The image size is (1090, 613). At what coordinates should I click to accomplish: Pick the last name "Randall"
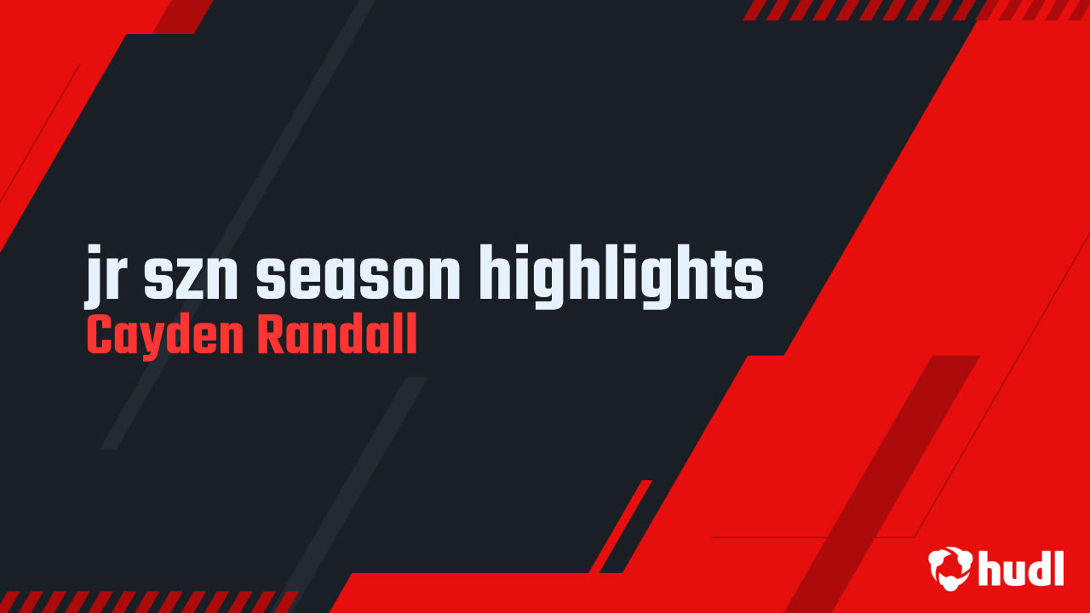coord(337,337)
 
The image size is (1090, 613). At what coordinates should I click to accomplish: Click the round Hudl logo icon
coord(949,567)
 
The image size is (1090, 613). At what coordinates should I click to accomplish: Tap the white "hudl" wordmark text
coord(1021,568)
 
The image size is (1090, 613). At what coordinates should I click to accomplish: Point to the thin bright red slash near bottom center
coord(622,525)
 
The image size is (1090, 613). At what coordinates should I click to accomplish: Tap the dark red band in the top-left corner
coord(182,15)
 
